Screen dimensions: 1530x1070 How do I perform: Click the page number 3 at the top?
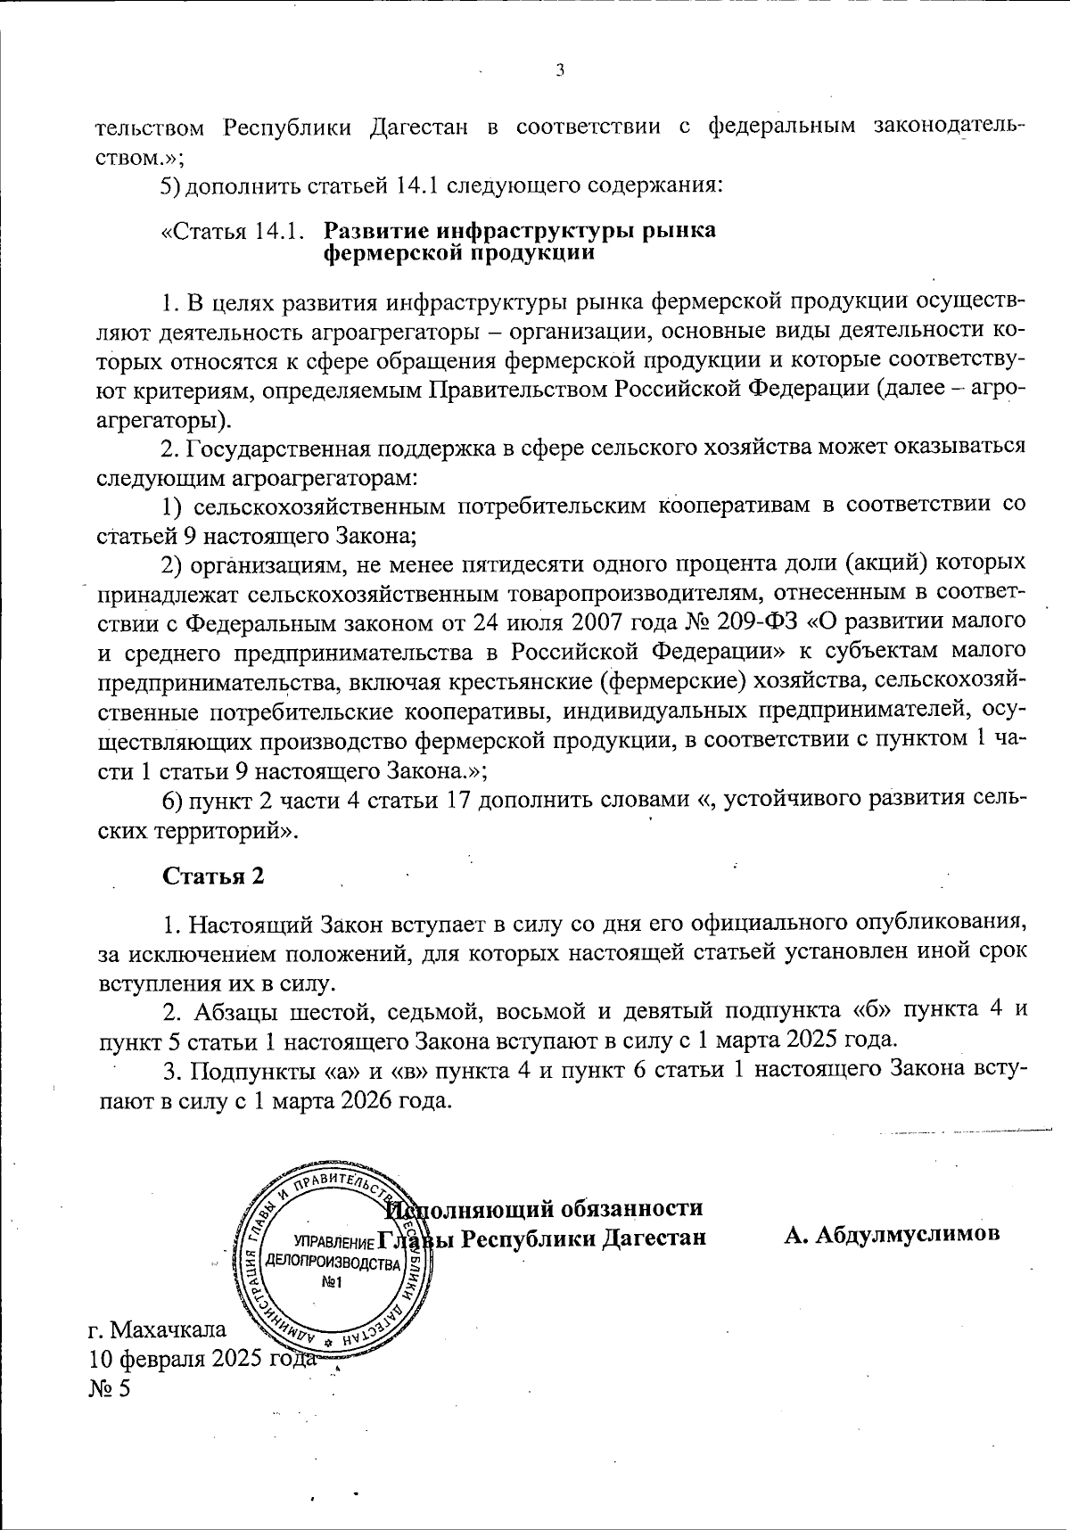(x=560, y=71)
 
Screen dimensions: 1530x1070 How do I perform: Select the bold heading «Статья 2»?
(x=213, y=876)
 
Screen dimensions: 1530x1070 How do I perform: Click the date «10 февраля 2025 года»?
(x=202, y=1359)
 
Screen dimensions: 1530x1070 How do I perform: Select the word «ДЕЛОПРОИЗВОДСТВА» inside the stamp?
(x=335, y=1264)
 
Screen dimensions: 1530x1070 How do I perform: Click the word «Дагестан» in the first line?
(x=418, y=125)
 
